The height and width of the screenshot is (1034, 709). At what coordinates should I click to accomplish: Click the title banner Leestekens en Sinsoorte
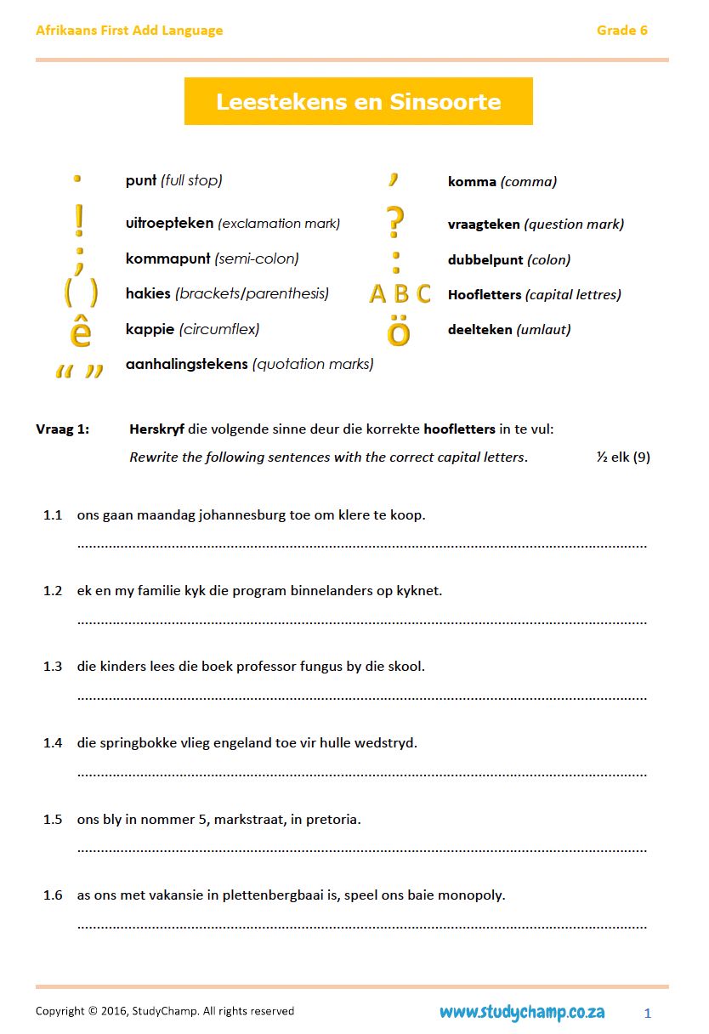pos(358,102)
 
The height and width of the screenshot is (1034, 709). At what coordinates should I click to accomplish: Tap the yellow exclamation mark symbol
pos(79,221)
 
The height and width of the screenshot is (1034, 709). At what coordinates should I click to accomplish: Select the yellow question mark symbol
pos(395,222)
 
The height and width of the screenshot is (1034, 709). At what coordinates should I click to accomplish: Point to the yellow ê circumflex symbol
pos(80,331)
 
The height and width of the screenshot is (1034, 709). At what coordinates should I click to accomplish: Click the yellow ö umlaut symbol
pos(398,332)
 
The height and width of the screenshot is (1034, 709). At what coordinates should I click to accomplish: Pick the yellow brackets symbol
pos(81,293)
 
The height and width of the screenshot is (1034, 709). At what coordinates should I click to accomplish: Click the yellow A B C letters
pos(400,294)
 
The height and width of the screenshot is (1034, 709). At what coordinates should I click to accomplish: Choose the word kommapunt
pos(167,258)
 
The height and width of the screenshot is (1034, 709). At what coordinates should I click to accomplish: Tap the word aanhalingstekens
pos(186,364)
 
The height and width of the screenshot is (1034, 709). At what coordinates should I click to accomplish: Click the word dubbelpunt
pos(485,260)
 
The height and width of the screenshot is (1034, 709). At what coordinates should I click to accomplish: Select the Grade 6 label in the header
pos(621,31)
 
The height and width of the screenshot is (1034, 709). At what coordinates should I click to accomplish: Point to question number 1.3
pos(53,667)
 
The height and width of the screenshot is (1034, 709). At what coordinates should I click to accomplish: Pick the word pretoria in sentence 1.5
pos(328,820)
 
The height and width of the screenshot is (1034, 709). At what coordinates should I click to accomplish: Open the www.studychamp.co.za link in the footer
pos(522,1012)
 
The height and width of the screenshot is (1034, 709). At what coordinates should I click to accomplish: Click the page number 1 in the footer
pos(648,1013)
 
